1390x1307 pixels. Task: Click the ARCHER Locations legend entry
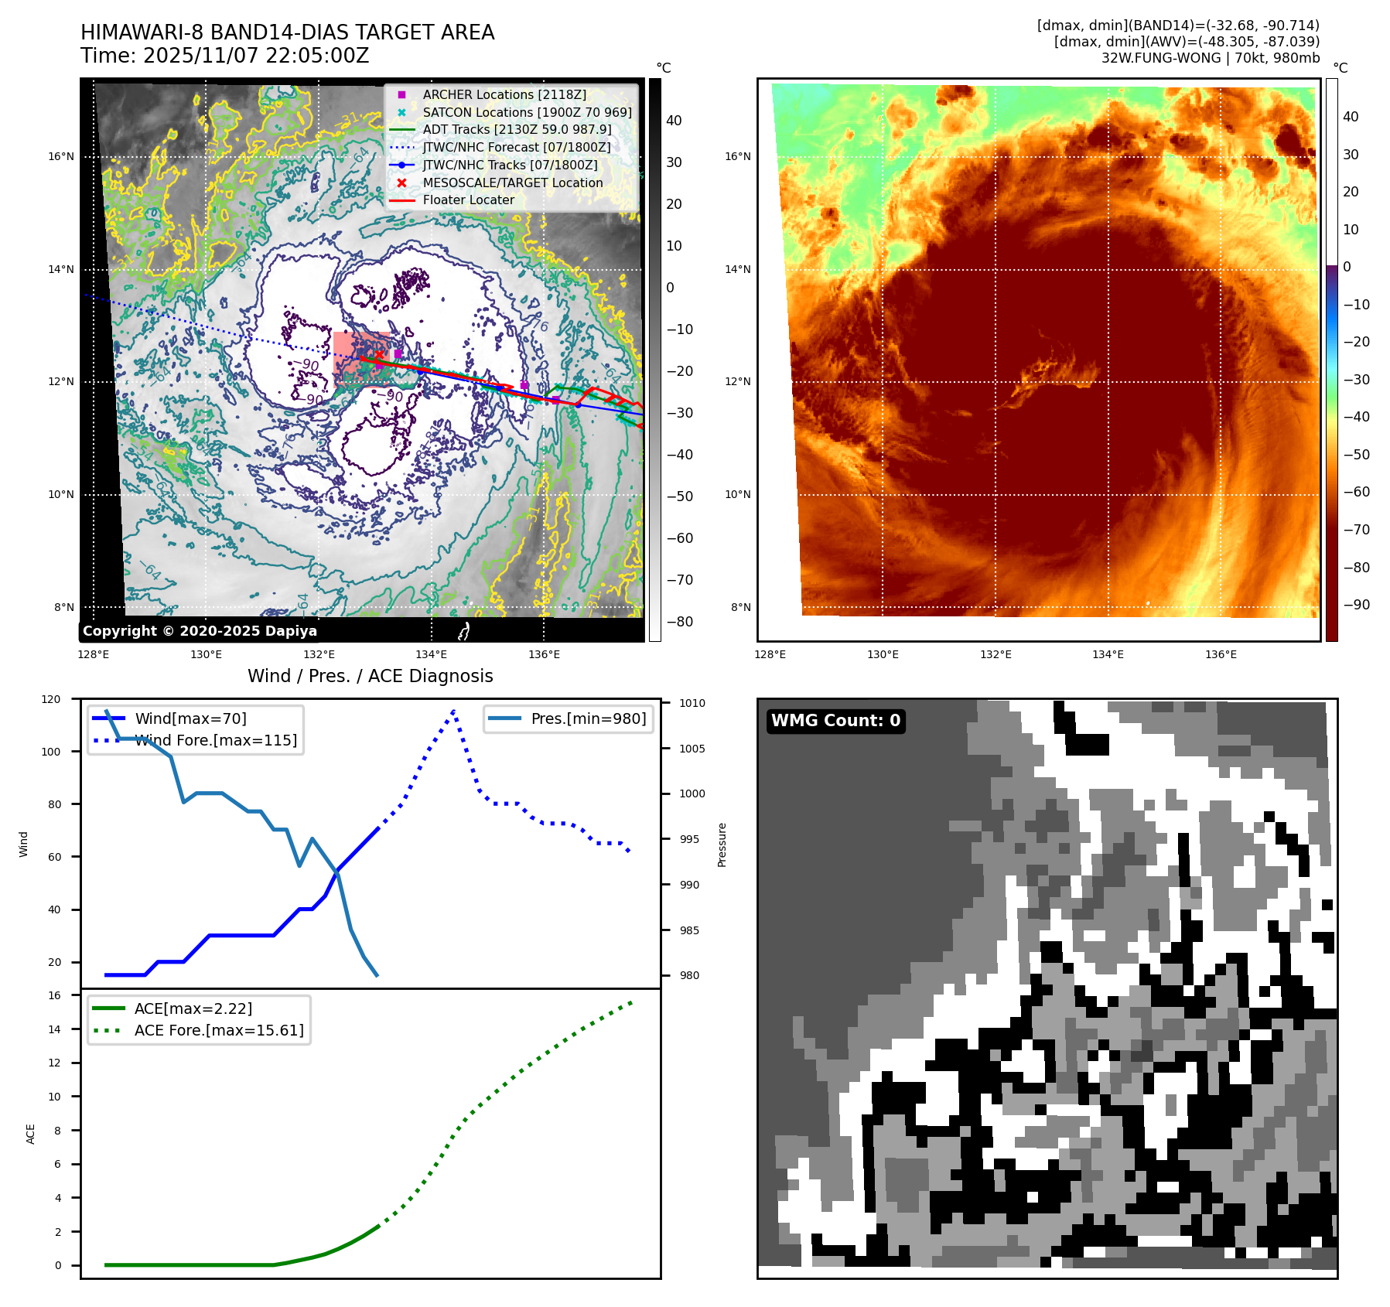[504, 94]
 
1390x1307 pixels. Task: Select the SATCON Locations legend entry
[527, 112]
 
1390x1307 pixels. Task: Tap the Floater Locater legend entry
[468, 200]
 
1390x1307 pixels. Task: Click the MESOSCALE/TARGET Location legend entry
[512, 183]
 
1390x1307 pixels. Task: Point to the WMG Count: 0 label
[835, 721]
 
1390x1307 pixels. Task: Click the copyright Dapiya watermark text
[200, 631]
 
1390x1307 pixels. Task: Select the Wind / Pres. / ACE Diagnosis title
[370, 676]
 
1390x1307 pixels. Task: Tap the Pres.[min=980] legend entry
[588, 718]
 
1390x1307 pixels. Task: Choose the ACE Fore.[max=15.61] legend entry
[219, 1030]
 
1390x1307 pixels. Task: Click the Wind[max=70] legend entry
[190, 718]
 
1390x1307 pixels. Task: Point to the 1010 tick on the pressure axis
[692, 703]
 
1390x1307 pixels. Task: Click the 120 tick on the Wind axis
[51, 699]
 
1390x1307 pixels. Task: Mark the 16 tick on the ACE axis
[54, 995]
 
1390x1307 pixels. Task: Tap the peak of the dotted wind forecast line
[454, 710]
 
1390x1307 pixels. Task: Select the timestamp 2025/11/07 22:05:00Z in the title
[256, 56]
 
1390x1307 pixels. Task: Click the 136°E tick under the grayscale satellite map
[544, 654]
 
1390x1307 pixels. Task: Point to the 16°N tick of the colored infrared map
[737, 156]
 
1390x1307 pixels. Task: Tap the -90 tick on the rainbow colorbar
[1356, 605]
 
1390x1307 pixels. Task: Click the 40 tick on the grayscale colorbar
[674, 121]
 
